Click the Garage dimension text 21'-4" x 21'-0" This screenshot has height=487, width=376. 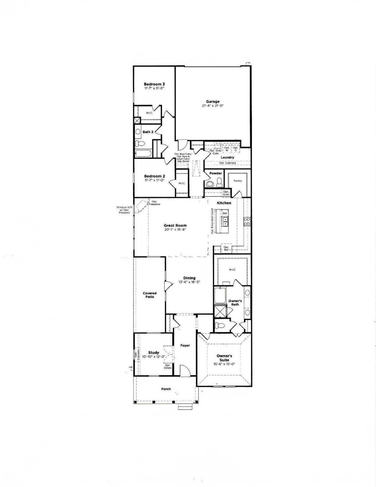[x=213, y=106]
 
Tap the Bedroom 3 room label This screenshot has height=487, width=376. [x=154, y=84]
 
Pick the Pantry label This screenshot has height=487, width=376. [x=238, y=181]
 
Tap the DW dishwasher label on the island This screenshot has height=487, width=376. [x=225, y=213]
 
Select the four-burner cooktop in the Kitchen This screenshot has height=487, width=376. [x=247, y=221]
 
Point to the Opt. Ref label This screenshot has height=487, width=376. [x=226, y=249]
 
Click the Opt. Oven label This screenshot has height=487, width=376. [x=226, y=193]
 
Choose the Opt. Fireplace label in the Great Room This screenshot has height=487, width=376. [x=155, y=203]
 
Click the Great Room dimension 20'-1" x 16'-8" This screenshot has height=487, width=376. [x=175, y=230]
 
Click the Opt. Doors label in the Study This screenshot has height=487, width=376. [x=168, y=367]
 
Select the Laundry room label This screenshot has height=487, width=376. [x=227, y=157]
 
